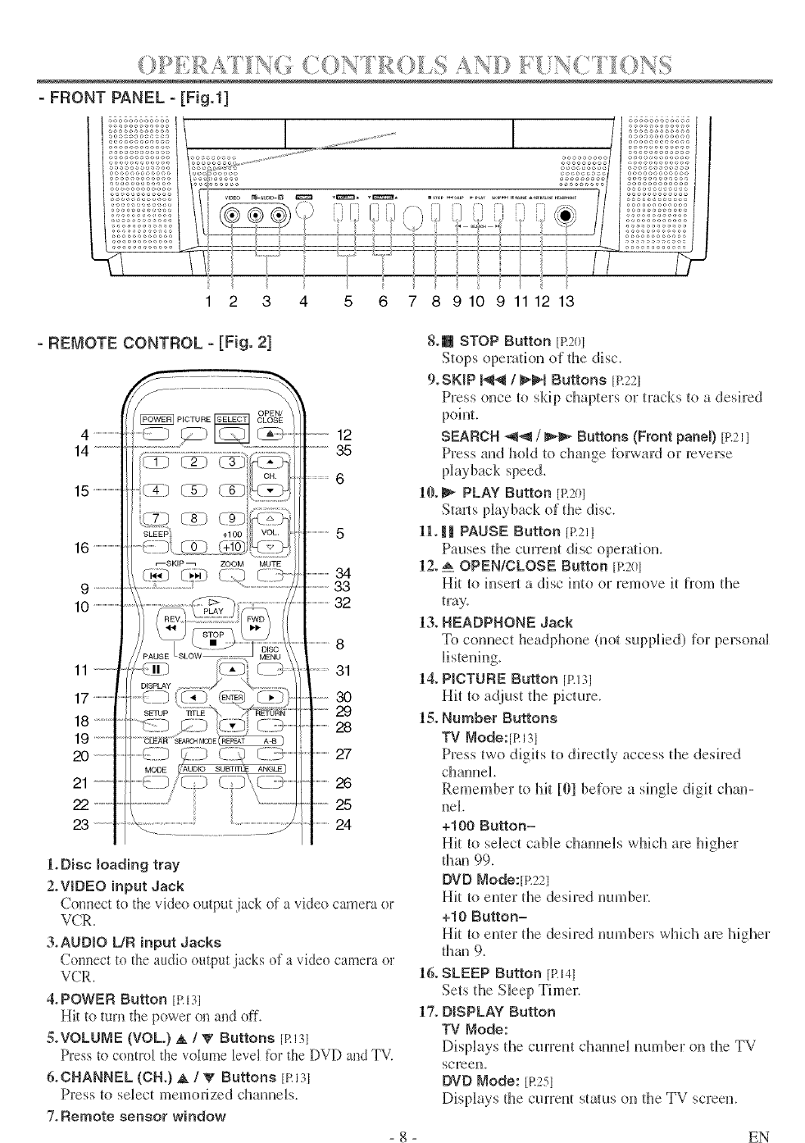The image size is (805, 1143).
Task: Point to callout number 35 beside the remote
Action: (344, 450)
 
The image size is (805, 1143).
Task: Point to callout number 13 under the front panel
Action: (566, 301)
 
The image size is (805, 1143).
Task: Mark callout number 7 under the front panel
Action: (412, 301)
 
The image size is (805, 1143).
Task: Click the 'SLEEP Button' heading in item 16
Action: (496, 973)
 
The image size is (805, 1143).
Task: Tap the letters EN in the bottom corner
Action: (758, 1135)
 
